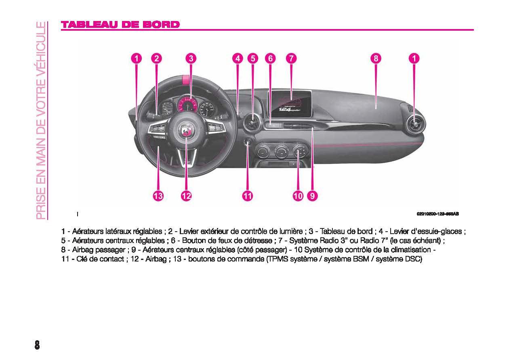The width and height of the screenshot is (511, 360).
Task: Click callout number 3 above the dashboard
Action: click(x=191, y=59)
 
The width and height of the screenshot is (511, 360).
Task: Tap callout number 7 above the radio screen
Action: click(x=291, y=59)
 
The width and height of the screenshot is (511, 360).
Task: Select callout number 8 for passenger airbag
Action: click(x=376, y=59)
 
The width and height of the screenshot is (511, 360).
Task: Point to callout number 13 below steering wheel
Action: click(x=158, y=196)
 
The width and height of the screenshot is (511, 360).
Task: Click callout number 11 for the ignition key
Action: click(x=247, y=196)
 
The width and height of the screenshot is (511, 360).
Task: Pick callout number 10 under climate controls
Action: click(x=298, y=196)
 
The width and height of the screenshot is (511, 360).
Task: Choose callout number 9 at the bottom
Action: click(x=312, y=196)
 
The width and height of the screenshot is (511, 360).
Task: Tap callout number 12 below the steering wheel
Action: click(x=186, y=196)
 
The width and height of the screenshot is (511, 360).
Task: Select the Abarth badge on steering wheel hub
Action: click(x=187, y=131)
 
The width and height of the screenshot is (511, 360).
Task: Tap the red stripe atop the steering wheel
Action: click(x=185, y=79)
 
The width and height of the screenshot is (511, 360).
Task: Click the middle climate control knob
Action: click(x=282, y=152)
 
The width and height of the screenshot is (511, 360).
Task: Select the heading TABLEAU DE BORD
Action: click(x=120, y=25)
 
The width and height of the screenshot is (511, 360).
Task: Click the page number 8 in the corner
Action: click(x=37, y=345)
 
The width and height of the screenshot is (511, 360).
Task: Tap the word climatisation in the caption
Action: click(x=410, y=250)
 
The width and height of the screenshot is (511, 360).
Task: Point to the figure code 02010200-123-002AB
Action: click(x=437, y=214)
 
